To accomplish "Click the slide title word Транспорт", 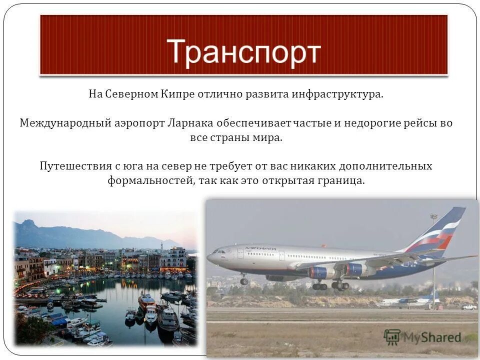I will [x=243, y=51].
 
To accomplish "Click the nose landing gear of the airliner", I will [x=243, y=280].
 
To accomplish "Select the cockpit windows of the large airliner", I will [x=218, y=251].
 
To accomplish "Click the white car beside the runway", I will [x=468, y=306].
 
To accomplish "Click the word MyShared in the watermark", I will [x=432, y=338].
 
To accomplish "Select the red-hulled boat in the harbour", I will [x=146, y=300].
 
